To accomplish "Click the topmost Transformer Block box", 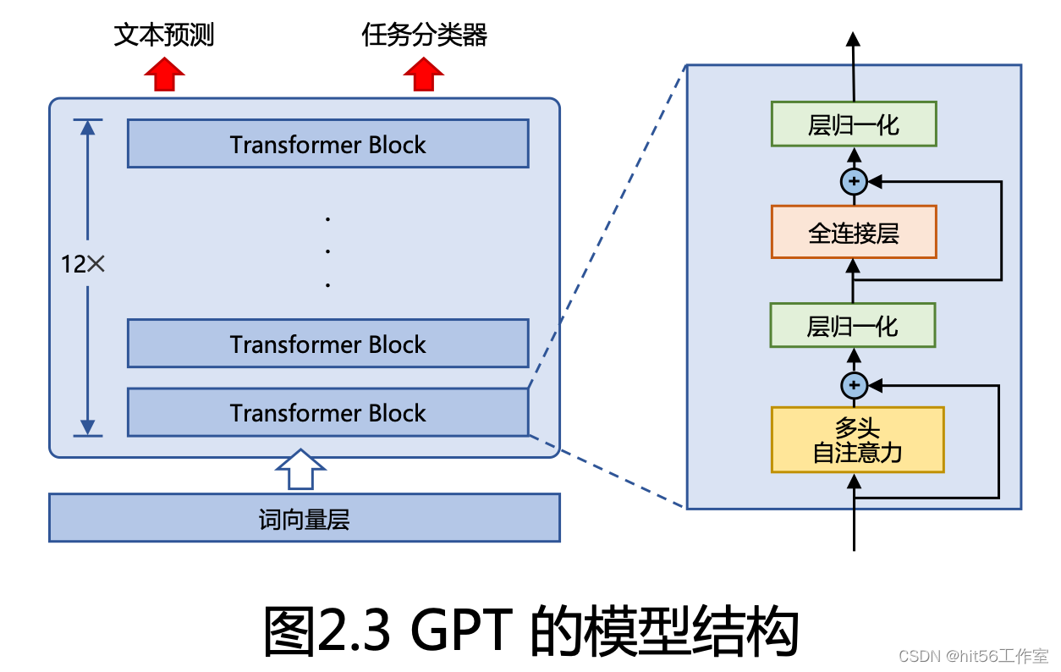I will [327, 144].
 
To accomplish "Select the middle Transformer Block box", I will [327, 344].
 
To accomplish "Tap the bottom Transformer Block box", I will [327, 412].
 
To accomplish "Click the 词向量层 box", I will [304, 518].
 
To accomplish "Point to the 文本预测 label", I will [164, 35].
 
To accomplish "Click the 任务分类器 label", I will [424, 35].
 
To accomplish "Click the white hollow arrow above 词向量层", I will [300, 469].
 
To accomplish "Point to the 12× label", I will [82, 264].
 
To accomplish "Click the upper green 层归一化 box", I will [853, 125].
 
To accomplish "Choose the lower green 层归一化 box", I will [852, 326].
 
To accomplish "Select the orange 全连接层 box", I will [853, 233].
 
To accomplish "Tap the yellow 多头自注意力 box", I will [857, 440].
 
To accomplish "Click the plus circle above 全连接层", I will [854, 180].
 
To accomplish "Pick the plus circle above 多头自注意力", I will [854, 386].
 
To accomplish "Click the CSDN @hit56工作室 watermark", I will [972, 657].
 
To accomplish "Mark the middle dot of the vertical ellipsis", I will [327, 251].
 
